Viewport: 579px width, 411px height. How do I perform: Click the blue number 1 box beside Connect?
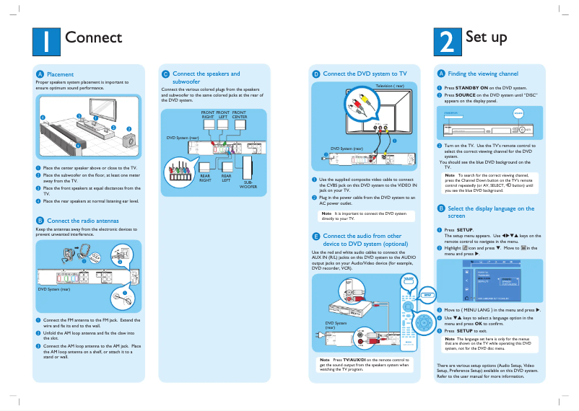pos(46,41)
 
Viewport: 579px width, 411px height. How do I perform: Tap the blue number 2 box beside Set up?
pos(447,41)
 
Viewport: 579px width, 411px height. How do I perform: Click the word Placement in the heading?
pos(61,74)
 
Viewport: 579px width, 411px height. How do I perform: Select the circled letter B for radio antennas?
pos(40,221)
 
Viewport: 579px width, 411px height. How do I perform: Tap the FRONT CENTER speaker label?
pos(239,115)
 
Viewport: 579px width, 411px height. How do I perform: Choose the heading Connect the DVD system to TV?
pos(365,74)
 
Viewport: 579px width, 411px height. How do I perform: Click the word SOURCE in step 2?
pos(465,94)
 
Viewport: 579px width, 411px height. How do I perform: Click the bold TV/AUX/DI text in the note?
pos(356,359)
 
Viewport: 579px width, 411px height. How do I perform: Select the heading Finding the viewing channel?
pos(483,74)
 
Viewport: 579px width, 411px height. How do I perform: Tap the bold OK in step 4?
pos(498,324)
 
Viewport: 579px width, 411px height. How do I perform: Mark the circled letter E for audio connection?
pos(315,237)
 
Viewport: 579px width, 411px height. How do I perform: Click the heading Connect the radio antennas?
pos(83,221)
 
